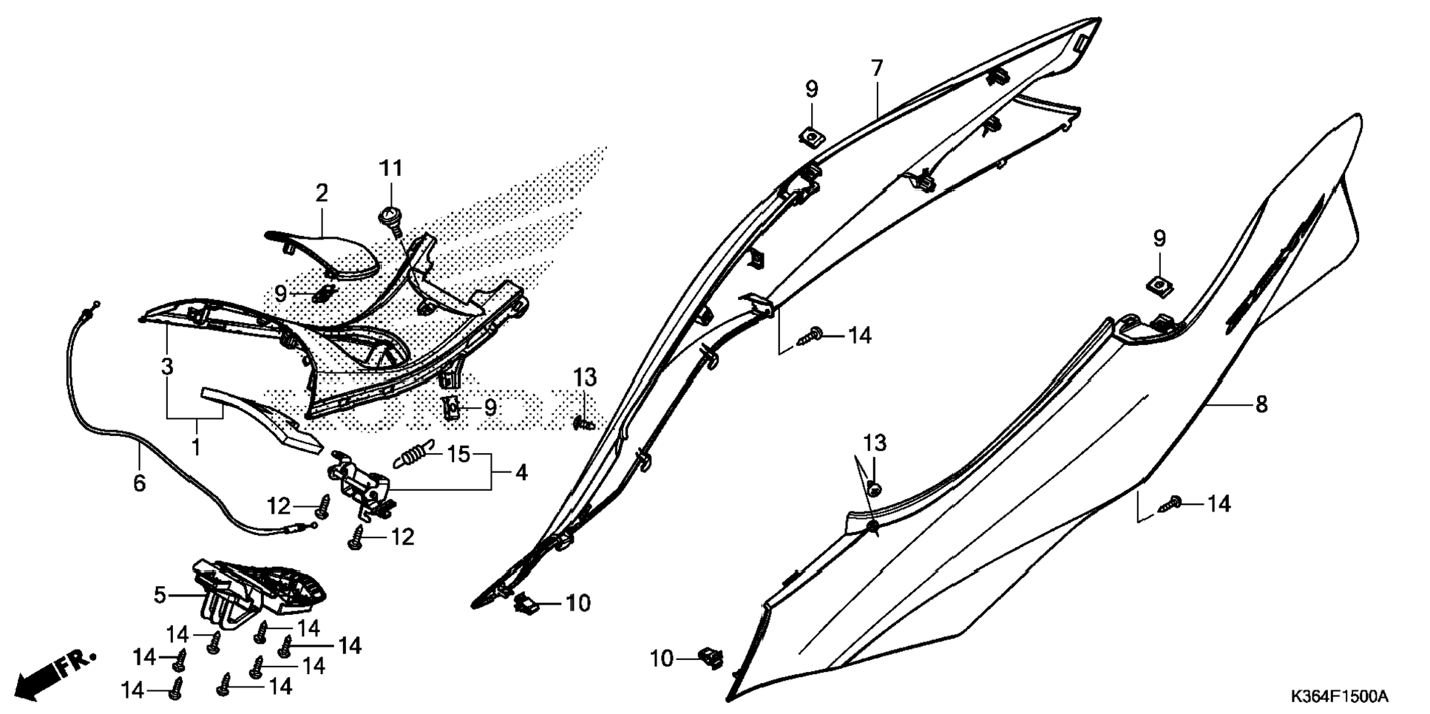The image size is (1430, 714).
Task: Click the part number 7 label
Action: point(876,69)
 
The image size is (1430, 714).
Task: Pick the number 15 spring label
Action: point(458,454)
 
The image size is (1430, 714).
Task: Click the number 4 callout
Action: point(521,472)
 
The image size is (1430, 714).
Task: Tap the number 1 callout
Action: point(196,446)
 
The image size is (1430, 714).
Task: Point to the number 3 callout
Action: point(167,366)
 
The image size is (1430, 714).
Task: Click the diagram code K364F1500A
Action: point(1339,696)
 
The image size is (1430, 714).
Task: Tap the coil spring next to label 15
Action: point(413,452)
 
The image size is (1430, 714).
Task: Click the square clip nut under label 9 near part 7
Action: point(811,136)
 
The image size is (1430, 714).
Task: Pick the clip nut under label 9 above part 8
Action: point(1159,285)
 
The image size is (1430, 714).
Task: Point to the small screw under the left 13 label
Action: point(583,424)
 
